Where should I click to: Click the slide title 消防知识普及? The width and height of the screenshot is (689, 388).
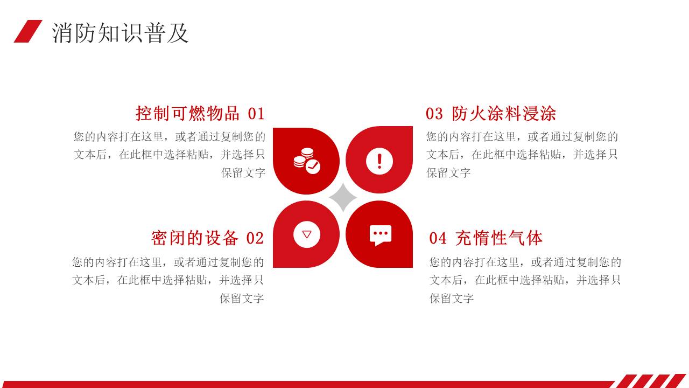120,33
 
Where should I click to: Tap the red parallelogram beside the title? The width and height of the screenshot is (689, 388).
28,31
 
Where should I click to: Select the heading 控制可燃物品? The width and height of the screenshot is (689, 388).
187,113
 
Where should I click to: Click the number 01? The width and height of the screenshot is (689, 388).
256,114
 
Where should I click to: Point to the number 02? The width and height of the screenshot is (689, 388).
255,238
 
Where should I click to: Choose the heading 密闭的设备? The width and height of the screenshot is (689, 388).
195,238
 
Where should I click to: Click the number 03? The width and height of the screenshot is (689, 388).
434,114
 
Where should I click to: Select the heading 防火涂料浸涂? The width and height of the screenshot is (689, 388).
504,113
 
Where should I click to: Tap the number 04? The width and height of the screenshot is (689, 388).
438,238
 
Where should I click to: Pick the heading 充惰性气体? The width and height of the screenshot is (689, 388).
499,238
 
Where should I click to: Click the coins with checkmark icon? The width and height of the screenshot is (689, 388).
307,161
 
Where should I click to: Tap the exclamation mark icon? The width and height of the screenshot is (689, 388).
379,161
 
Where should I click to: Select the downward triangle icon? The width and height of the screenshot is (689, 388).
307,234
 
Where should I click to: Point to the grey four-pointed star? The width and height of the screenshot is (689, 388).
343,197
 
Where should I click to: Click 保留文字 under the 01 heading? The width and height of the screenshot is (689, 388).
243,173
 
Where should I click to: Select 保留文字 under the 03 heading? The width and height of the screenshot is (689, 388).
448,173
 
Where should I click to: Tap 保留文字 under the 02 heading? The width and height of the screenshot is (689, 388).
242,299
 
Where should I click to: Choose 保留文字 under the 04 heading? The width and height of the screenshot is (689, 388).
451,299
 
